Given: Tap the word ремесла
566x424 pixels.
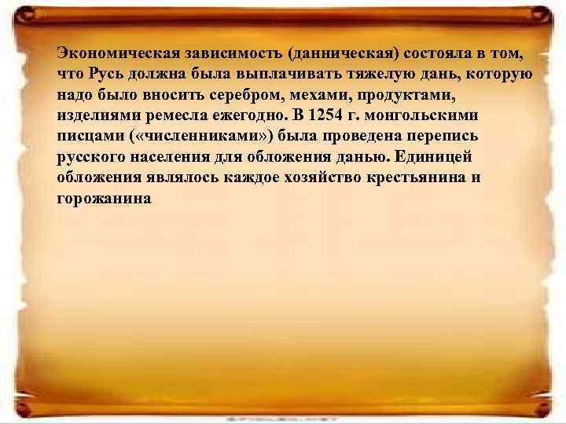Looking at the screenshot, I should (167, 115).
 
